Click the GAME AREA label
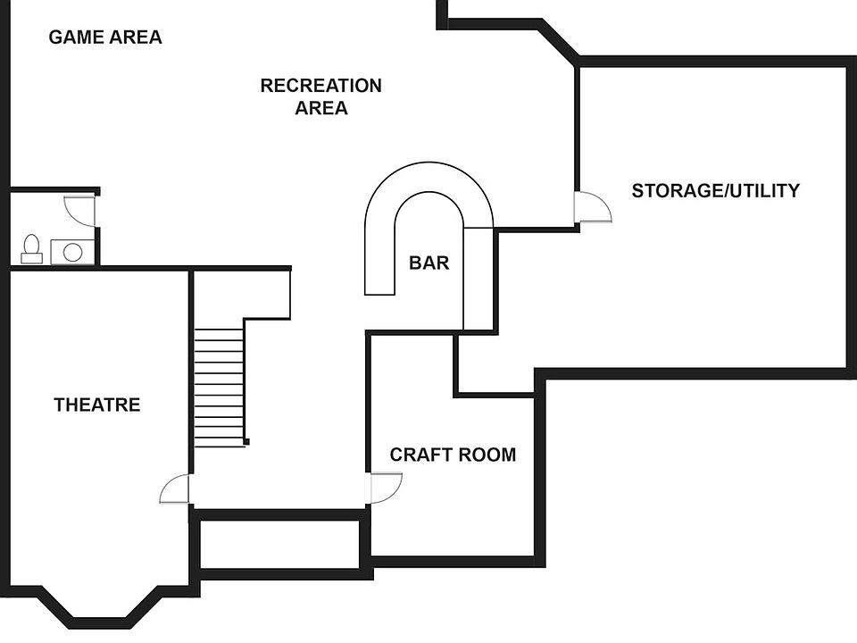pyautogui.click(x=105, y=38)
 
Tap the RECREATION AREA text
pyautogui.click(x=320, y=96)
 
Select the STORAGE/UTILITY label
pyautogui.click(x=715, y=191)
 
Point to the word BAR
pyautogui.click(x=429, y=263)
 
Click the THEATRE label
pyautogui.click(x=97, y=405)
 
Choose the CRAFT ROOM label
pyautogui.click(x=453, y=455)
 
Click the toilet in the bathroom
pyautogui.click(x=32, y=249)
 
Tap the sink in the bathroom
pyautogui.click(x=72, y=252)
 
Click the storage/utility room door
pyautogui.click(x=593, y=207)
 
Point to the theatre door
pyautogui.click(x=175, y=489)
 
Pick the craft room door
pyautogui.click(x=386, y=488)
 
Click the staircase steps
pyautogui.click(x=220, y=388)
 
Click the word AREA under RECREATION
pyautogui.click(x=320, y=108)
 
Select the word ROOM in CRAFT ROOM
pyautogui.click(x=487, y=455)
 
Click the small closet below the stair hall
pyautogui.click(x=279, y=544)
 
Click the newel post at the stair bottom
pyautogui.click(x=246, y=442)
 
